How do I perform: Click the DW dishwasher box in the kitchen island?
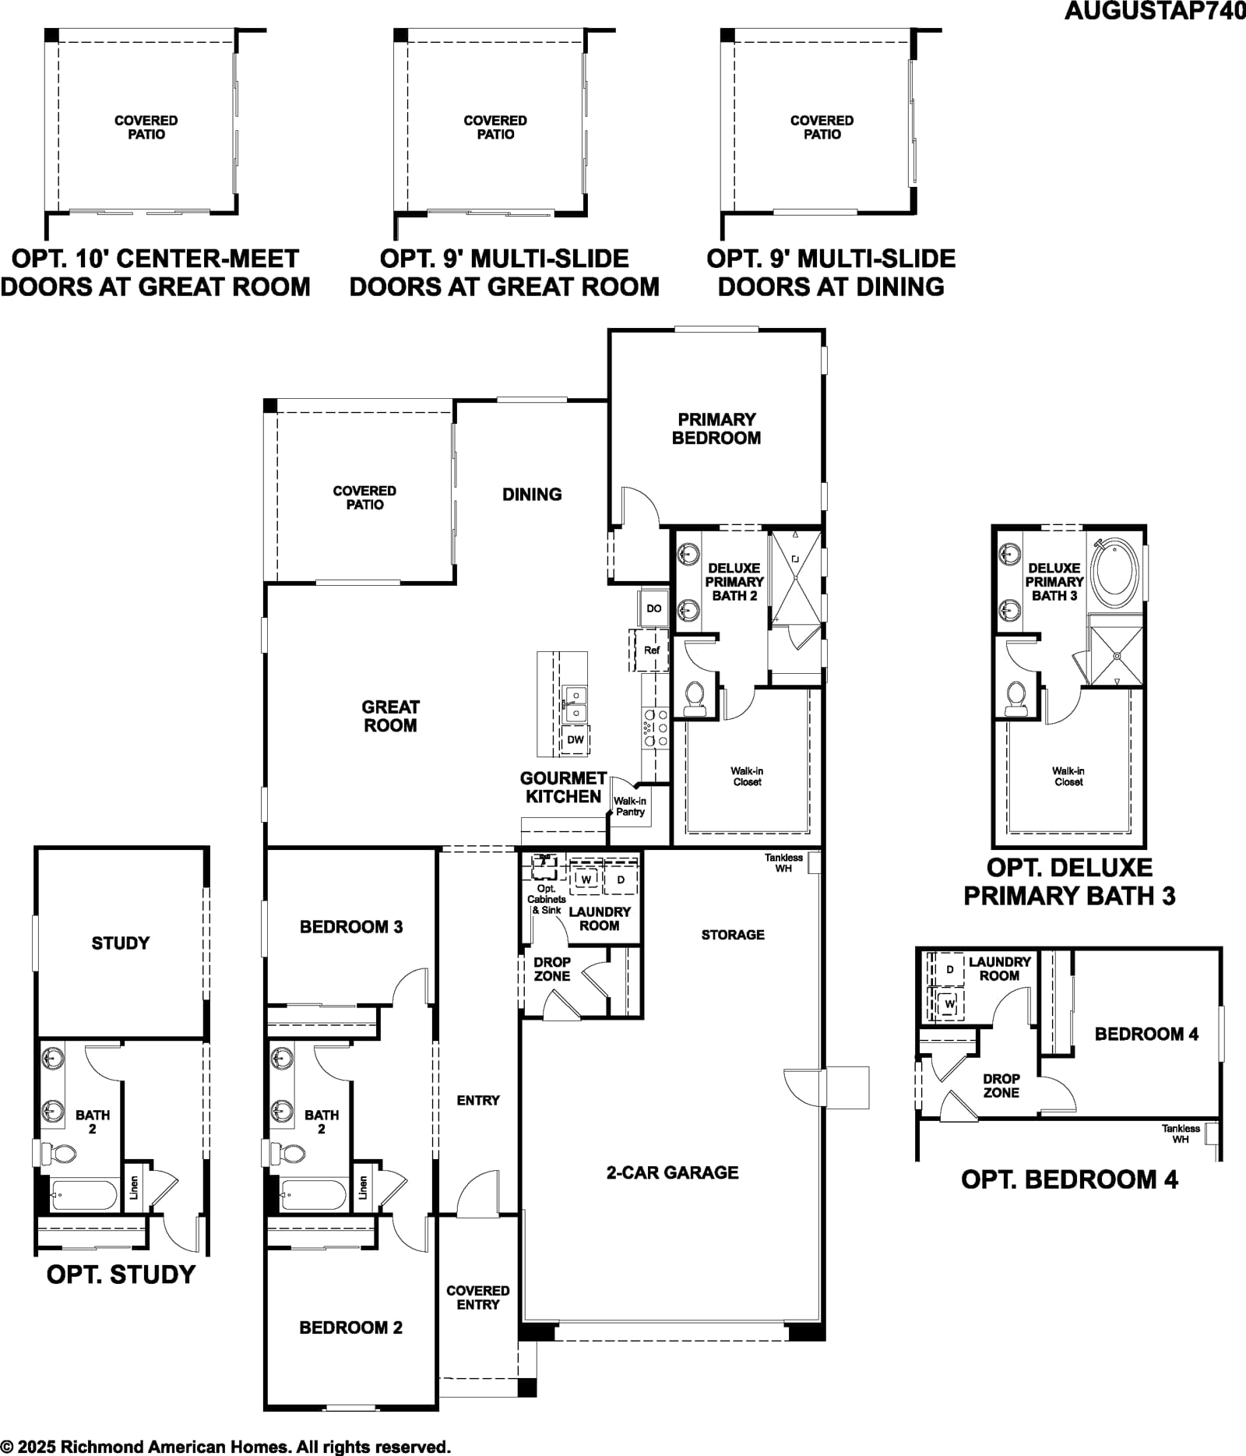coord(575,739)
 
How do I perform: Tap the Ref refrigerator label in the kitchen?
coord(651,650)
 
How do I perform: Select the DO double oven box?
coord(654,608)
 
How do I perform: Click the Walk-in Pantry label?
coord(630,806)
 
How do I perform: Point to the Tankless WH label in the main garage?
coord(783,863)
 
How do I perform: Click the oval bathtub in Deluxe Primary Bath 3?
coord(1114,577)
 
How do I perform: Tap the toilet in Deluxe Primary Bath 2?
coord(694,698)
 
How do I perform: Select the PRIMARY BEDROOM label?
coord(716,428)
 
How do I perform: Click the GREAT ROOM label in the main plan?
coord(390,716)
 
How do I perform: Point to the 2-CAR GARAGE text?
coord(673,1172)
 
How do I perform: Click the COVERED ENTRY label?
coord(478,1298)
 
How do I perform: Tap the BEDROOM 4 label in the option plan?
coord(1146,1034)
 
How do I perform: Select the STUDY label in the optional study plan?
coord(121,943)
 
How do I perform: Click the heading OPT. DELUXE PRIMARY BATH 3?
coord(1069,882)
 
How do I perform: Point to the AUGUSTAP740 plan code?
coord(1155,12)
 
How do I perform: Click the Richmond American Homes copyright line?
coord(226,1447)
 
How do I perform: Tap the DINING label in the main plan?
coord(532,494)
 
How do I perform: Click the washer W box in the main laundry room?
coord(586,880)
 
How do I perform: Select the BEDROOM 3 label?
coord(351,927)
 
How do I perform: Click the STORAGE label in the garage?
coord(733,935)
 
